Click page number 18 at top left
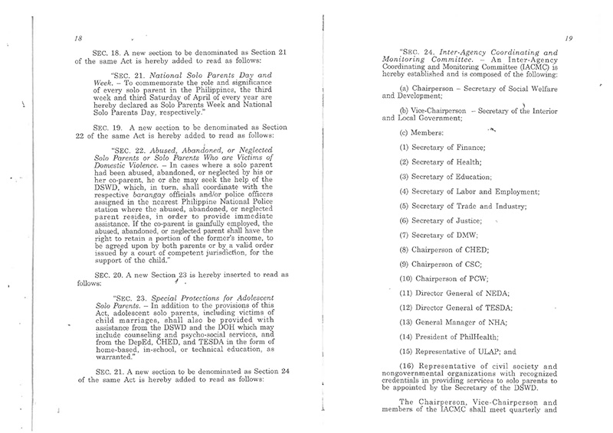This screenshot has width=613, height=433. coord(78,37)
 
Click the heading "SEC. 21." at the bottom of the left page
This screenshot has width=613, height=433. coord(105,369)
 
